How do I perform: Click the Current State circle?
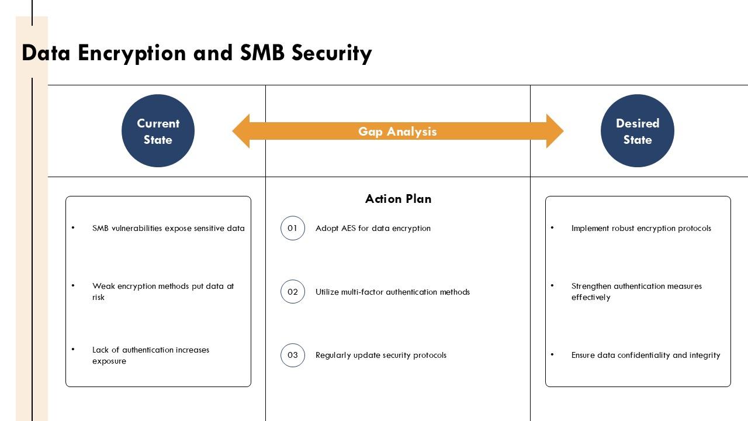[158, 131]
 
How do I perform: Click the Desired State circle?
[637, 131]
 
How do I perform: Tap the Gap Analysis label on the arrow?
[397, 132]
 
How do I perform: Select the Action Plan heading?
[398, 199]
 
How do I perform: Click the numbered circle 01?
[293, 228]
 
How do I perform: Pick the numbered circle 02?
[293, 292]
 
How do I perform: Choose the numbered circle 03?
[293, 355]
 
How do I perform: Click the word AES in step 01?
[347, 229]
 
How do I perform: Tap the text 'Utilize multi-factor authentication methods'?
[393, 292]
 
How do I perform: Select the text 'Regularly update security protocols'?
[381, 355]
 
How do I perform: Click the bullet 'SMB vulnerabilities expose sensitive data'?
[168, 229]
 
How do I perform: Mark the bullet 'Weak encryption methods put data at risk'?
[163, 292]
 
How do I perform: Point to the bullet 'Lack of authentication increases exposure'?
[151, 356]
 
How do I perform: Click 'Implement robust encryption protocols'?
[641, 229]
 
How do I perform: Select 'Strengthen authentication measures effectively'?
[636, 292]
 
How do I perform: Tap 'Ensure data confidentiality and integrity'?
[646, 355]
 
